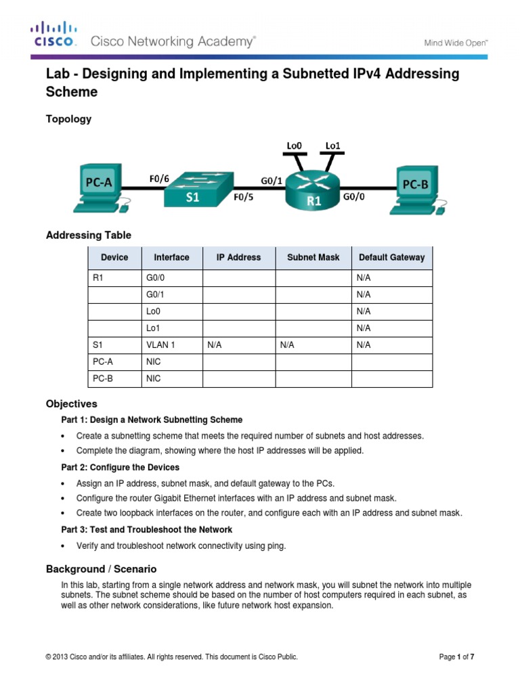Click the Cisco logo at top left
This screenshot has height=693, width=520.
pos(53,35)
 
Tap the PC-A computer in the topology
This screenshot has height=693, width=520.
pos(99,185)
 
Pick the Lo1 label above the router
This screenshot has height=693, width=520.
pos(332,146)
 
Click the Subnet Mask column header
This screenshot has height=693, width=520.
pos(313,257)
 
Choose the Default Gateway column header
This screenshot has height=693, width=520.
pos(391,257)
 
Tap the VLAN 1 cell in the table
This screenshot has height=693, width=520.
pos(160,344)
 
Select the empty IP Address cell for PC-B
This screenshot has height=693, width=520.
pos(238,379)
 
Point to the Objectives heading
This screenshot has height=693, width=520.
pos(71,403)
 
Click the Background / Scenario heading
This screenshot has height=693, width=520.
pos(101,568)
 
